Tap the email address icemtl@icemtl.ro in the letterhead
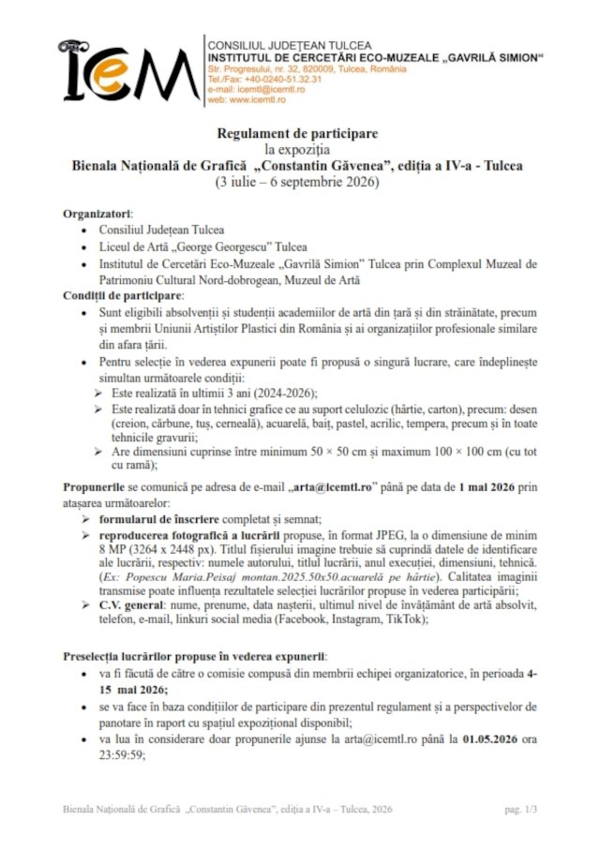coord(275,89)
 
